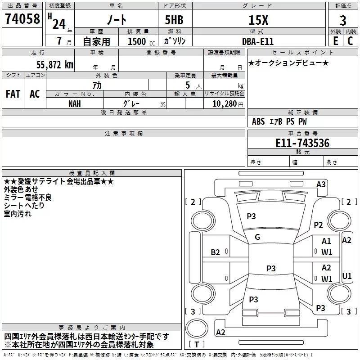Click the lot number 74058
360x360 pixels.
pos(22,18)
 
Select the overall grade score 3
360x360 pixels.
pos(343,21)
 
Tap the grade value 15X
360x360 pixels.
pos(258,20)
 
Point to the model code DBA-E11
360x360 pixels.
pos(258,41)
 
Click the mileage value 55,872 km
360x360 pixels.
pos(55,65)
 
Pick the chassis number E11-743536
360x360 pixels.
pos(302,143)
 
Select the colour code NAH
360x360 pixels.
pos(75,104)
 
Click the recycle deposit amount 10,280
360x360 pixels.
pos(225,104)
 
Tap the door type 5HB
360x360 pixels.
pos(174,20)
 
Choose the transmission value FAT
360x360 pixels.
pos(13,94)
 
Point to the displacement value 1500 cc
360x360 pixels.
pos(141,41)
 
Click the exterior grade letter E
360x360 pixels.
pos(335,41)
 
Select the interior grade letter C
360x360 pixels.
pos(350,41)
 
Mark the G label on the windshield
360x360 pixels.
pos(257,237)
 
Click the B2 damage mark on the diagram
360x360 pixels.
pos(215,252)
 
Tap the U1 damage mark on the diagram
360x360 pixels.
pos(346,276)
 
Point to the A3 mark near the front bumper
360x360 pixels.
pos(321,184)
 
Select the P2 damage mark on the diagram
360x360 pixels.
pos(318,225)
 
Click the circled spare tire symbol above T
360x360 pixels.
pos(197,328)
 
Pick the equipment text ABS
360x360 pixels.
pos(258,121)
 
